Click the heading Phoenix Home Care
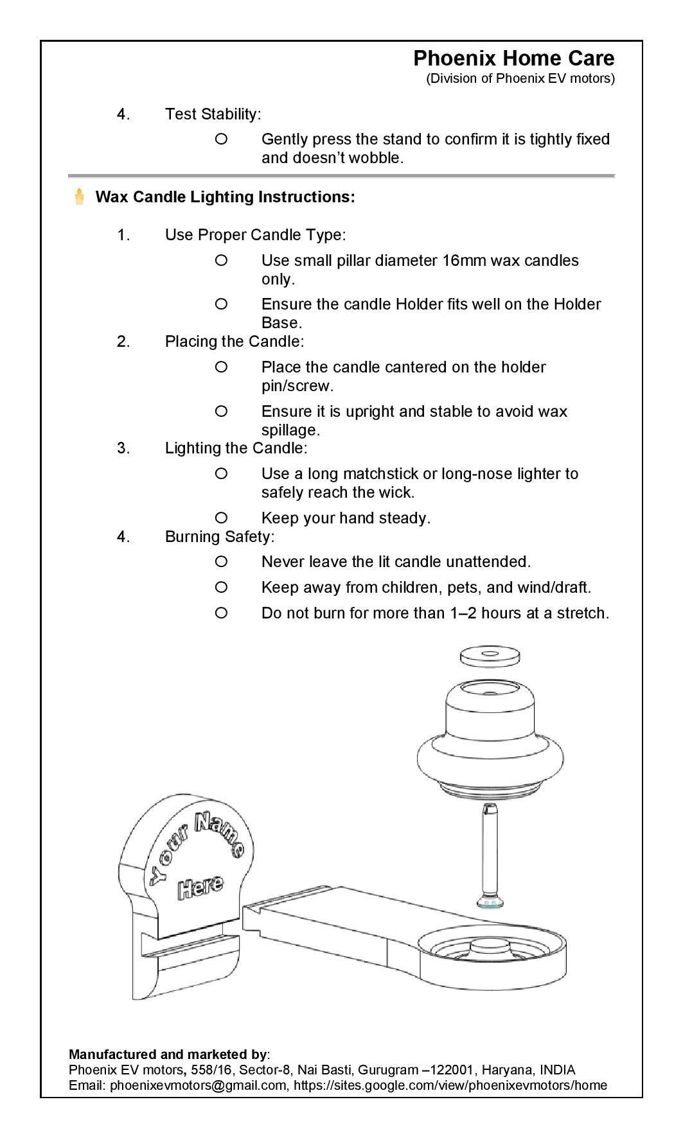pos(513,58)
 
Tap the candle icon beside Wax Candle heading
pos(80,197)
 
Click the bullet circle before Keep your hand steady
pos(221,518)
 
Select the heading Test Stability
pos(212,114)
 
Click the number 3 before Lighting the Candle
pos(123,448)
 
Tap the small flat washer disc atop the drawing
pos(490,656)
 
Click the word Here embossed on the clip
pos(200,887)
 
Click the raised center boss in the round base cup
pos(490,947)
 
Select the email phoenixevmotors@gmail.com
pos(199,1085)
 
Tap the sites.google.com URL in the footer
pos(450,1085)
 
